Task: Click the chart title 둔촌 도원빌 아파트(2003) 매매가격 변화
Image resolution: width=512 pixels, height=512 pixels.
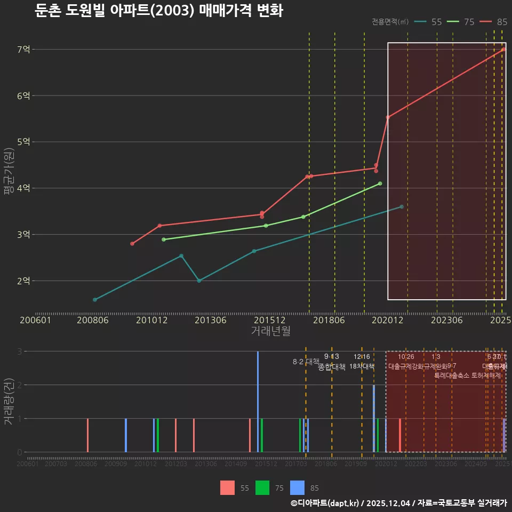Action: (x=158, y=11)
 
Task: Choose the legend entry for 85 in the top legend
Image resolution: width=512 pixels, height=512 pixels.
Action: (x=493, y=22)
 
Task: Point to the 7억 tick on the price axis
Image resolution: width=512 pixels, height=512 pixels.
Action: (x=24, y=50)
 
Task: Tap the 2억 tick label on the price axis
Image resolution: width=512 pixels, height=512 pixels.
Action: (x=24, y=281)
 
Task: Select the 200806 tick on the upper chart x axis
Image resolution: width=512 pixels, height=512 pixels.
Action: (x=93, y=320)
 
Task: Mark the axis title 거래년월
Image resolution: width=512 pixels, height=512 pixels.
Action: (x=270, y=331)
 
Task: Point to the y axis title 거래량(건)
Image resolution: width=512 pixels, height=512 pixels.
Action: (x=9, y=402)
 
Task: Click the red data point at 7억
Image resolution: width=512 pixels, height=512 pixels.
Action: (x=503, y=50)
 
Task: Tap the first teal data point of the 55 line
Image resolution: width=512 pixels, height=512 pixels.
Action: (x=95, y=300)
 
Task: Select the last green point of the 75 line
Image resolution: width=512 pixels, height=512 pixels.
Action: (x=380, y=183)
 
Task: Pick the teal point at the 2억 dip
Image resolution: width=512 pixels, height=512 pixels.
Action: (x=199, y=281)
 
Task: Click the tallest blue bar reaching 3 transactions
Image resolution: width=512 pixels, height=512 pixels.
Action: (x=258, y=401)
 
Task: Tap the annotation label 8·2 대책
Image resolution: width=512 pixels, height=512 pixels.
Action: (x=306, y=362)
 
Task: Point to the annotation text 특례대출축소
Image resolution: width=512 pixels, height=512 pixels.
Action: (x=451, y=375)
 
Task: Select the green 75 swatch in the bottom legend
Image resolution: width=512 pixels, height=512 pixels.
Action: (x=262, y=487)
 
